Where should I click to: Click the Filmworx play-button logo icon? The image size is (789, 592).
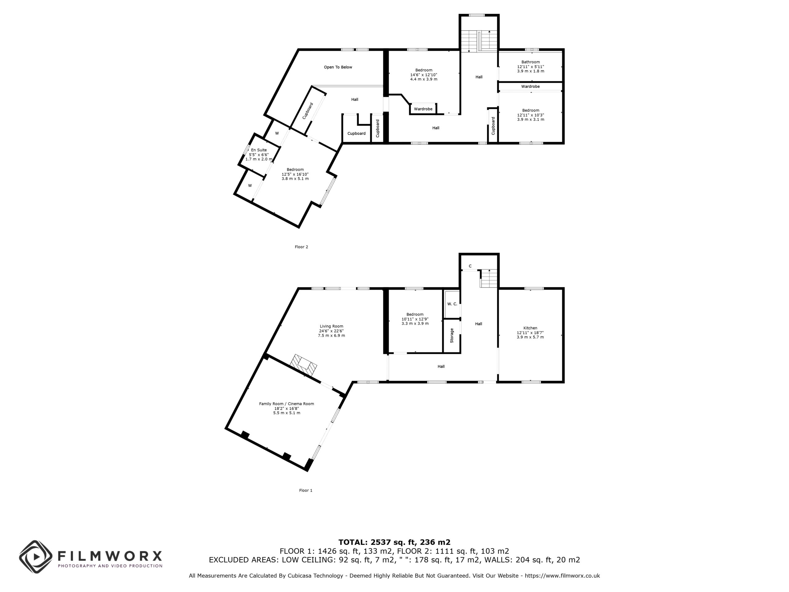(x=36, y=557)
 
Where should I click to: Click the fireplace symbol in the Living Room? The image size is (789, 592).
(x=304, y=365)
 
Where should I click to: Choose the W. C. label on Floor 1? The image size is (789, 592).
(x=452, y=304)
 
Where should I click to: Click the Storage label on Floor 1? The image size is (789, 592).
(x=452, y=336)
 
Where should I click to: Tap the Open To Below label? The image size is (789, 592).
(x=338, y=67)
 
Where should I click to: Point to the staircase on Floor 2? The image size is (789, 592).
(x=479, y=41)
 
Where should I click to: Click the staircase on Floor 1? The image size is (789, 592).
(x=488, y=278)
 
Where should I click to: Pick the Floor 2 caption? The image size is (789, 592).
(x=301, y=247)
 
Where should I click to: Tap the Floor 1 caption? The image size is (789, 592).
(x=306, y=490)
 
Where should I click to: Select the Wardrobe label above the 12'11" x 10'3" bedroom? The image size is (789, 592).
(x=530, y=86)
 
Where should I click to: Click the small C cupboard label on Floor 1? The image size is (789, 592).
(x=470, y=266)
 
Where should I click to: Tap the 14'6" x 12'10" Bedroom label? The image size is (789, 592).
(x=424, y=75)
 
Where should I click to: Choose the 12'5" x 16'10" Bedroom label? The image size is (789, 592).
(x=295, y=174)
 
